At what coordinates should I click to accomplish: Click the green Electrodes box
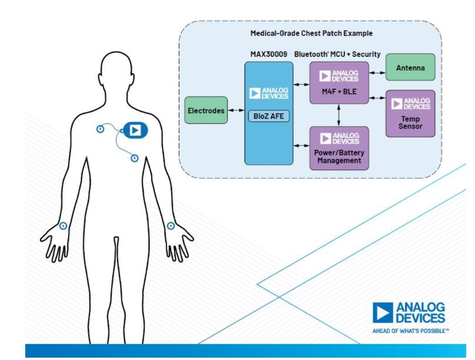206,110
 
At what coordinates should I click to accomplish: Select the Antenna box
410,68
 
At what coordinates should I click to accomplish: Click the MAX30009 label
269,52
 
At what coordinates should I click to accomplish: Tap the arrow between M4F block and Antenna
377,73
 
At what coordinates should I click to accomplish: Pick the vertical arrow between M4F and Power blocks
339,115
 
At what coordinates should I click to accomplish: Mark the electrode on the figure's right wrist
63,226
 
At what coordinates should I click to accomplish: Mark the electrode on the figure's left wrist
171,226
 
